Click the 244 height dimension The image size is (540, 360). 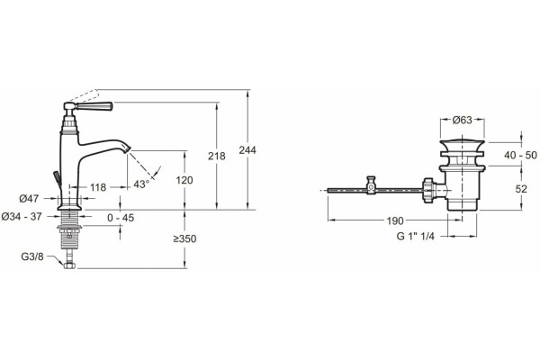tap(247, 150)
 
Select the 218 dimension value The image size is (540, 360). tap(217, 156)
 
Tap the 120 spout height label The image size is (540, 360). tap(184, 180)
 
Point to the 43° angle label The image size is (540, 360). tap(141, 184)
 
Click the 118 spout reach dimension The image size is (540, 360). tap(98, 187)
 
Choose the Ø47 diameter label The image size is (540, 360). tap(29, 198)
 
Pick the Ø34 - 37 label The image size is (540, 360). tap(22, 216)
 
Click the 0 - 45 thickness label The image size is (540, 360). tap(121, 218)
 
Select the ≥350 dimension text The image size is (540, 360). tap(184, 238)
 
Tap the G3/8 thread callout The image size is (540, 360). tap(32, 256)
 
